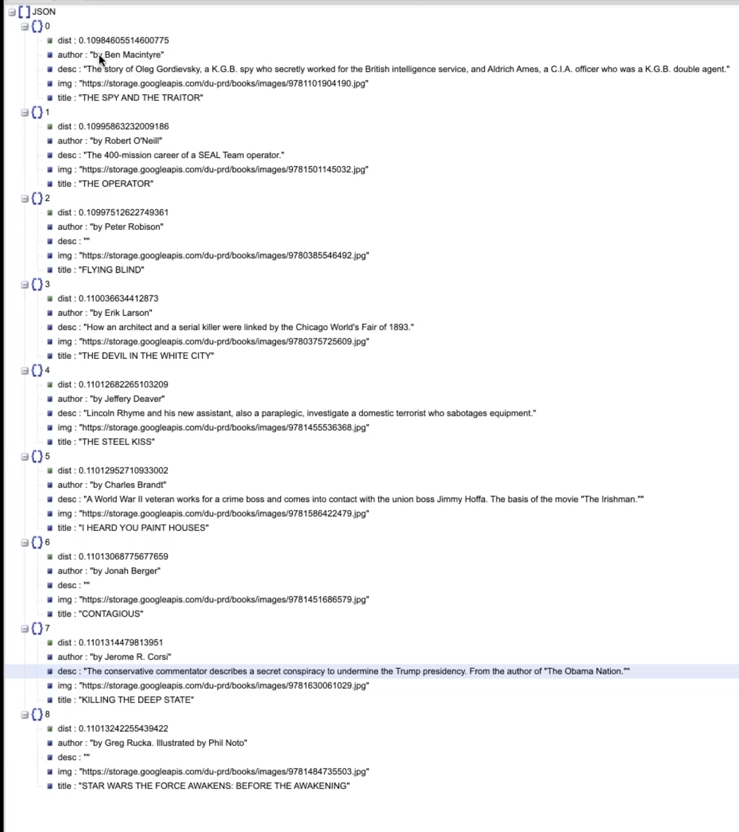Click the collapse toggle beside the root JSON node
tap(12, 12)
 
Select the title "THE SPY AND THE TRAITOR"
tap(141, 98)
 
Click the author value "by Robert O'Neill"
tap(126, 141)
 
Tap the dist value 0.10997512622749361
tap(123, 213)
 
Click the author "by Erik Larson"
tap(121, 313)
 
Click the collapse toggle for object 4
tap(24, 370)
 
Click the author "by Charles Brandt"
tap(128, 485)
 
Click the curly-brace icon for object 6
tap(37, 542)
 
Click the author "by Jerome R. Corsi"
tap(130, 657)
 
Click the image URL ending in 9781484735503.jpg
tap(224, 771)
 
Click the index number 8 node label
tap(47, 714)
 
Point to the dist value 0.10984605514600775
tap(123, 40)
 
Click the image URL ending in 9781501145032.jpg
tap(223, 169)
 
